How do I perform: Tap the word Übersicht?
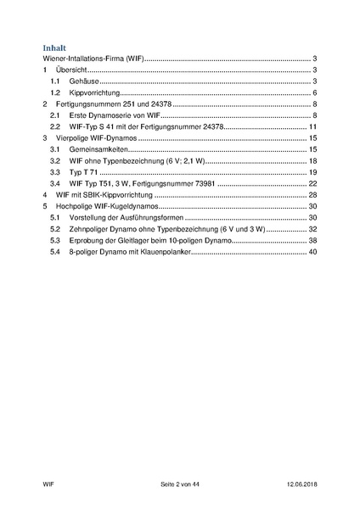73,70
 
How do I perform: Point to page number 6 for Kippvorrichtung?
314,92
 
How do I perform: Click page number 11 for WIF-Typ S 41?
312,126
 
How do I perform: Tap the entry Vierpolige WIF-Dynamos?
96,137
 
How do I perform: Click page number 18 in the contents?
312,160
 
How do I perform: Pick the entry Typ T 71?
87,172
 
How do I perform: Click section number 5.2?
55,229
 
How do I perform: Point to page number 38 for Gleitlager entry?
312,241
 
